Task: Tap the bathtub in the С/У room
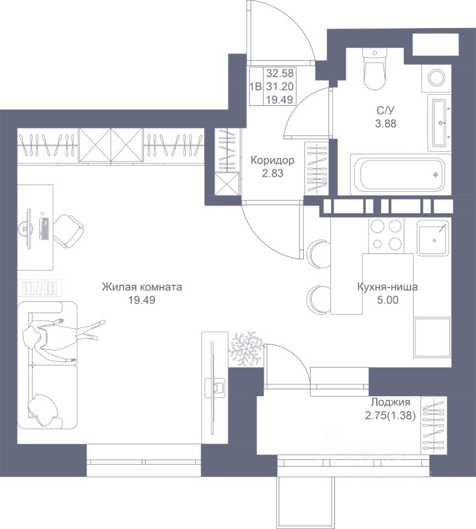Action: (x=401, y=175)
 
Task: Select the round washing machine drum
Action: (x=436, y=77)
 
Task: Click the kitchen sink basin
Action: (x=434, y=237)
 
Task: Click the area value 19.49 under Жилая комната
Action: (x=142, y=300)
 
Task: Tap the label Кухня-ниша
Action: (x=388, y=287)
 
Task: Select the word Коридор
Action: (x=272, y=160)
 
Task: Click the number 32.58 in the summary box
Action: (x=280, y=73)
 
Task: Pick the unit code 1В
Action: (x=255, y=87)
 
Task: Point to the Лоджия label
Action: (x=391, y=402)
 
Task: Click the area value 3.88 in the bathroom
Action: (x=386, y=123)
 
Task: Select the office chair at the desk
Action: (x=68, y=231)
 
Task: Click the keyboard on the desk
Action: (x=45, y=229)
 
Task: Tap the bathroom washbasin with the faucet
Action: (x=439, y=123)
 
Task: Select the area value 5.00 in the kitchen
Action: (x=388, y=300)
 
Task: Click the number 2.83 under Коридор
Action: (x=272, y=174)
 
